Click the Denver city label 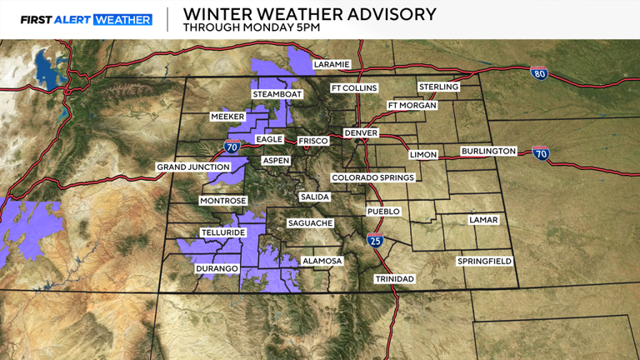[361, 133]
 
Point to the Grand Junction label [193, 167]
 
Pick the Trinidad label [393, 278]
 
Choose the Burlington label [488, 152]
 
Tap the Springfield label [484, 261]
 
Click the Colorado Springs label [372, 177]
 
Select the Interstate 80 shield [539, 73]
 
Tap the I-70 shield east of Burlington [542, 153]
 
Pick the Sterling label [438, 87]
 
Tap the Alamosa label [322, 261]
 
